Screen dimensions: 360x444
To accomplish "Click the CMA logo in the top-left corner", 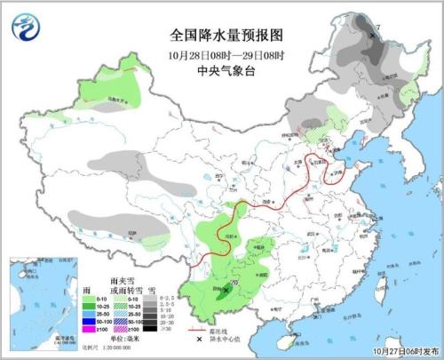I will [24, 26].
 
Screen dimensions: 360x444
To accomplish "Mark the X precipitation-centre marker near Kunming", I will [226, 289].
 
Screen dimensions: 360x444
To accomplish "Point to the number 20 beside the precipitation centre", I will [234, 282].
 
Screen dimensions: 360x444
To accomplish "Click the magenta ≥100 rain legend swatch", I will [90, 330].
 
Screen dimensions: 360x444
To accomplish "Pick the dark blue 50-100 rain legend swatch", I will [90, 321].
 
